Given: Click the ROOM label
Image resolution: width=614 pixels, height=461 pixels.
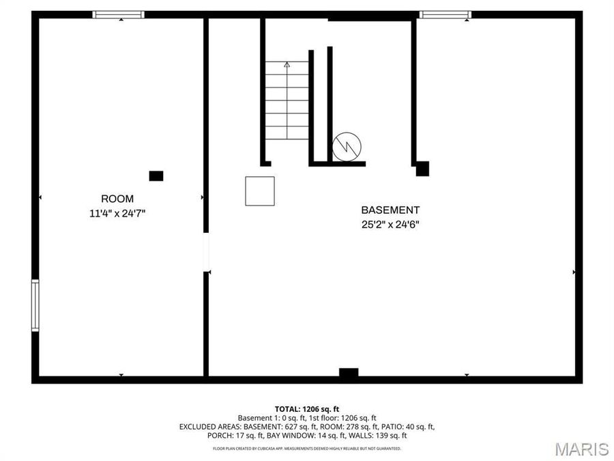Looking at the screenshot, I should (117, 199).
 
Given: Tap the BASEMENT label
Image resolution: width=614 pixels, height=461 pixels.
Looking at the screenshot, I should (390, 210).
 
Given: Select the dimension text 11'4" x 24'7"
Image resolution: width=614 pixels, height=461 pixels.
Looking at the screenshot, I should (117, 213).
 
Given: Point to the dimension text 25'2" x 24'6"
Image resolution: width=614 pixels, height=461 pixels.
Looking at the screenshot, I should (390, 224).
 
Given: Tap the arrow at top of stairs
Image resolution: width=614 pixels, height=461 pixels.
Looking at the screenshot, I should (287, 65).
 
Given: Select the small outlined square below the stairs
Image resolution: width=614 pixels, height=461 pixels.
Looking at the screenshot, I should (260, 191).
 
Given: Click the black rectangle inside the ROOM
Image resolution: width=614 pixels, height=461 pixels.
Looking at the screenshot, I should (156, 176).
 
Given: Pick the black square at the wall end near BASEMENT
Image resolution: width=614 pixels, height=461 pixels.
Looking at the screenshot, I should (422, 168).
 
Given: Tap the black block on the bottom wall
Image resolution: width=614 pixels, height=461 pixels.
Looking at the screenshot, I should (349, 373).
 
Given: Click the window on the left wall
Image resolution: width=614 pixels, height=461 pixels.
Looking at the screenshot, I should (35, 305).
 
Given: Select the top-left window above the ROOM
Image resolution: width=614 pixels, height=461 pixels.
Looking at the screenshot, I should (119, 14).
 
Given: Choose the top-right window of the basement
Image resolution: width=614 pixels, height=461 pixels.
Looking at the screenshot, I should (445, 14).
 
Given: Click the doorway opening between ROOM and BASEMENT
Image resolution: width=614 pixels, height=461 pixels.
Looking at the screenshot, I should (206, 253).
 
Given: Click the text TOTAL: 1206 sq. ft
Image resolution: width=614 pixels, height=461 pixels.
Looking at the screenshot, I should (307, 408).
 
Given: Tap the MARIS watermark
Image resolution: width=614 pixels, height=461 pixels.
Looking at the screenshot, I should (581, 449).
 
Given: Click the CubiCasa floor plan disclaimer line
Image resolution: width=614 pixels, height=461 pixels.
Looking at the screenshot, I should (307, 449).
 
